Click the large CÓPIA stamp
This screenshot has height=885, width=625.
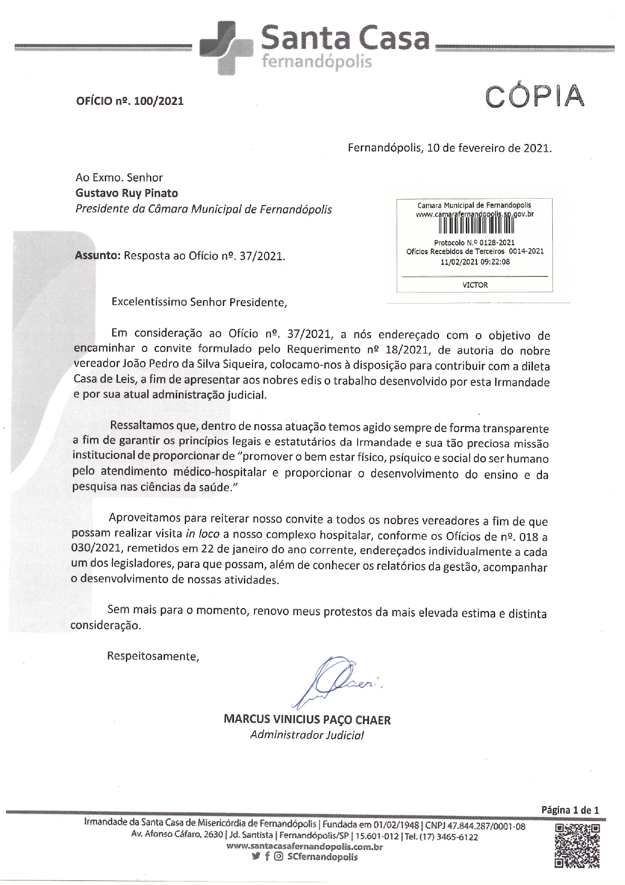[534, 96]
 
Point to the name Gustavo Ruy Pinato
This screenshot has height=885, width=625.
[127, 193]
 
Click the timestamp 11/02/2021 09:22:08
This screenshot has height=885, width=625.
[475, 262]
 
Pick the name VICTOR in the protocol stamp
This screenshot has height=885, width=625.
[475, 285]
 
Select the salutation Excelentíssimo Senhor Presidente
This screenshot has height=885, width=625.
[199, 303]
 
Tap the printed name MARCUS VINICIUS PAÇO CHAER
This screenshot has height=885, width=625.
[307, 720]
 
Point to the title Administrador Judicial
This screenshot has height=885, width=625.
[307, 735]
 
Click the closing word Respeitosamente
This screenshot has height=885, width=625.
[153, 656]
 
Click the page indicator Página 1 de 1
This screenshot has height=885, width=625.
[570, 810]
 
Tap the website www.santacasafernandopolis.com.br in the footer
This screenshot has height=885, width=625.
[305, 847]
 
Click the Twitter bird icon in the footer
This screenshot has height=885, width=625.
[256, 857]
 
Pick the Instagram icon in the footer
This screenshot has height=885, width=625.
[278, 857]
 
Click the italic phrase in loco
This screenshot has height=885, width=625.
[203, 535]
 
